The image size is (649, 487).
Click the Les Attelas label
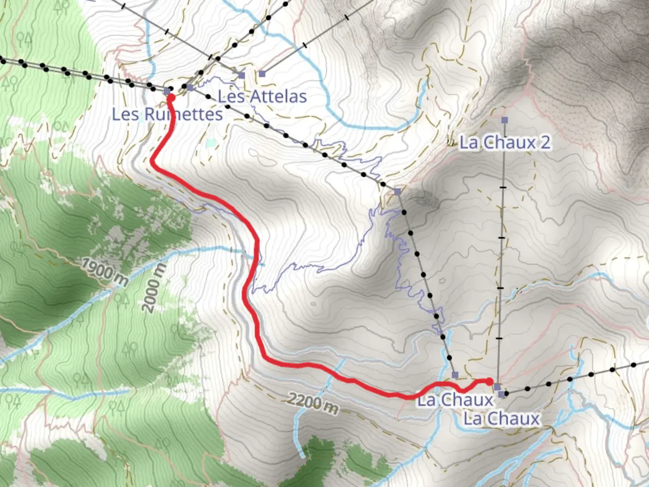[x=262, y=96]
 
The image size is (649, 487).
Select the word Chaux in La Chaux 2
[x=512, y=142]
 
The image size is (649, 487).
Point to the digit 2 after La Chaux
[x=545, y=142]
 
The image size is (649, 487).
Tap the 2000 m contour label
[x=154, y=288]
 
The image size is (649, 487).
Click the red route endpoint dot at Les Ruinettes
[x=171, y=96]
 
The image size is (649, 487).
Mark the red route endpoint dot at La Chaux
[x=490, y=381]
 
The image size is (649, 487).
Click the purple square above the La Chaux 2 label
[x=504, y=120]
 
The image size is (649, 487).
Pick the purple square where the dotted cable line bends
[x=397, y=192]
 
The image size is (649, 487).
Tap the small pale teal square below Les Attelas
[x=211, y=143]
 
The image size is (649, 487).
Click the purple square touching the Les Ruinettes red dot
[x=167, y=92]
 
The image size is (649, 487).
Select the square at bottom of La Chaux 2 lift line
[x=497, y=387]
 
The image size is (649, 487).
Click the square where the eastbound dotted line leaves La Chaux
[x=502, y=394]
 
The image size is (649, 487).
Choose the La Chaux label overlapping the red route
[x=455, y=400]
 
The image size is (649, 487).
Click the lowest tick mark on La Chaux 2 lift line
[x=499, y=338]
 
